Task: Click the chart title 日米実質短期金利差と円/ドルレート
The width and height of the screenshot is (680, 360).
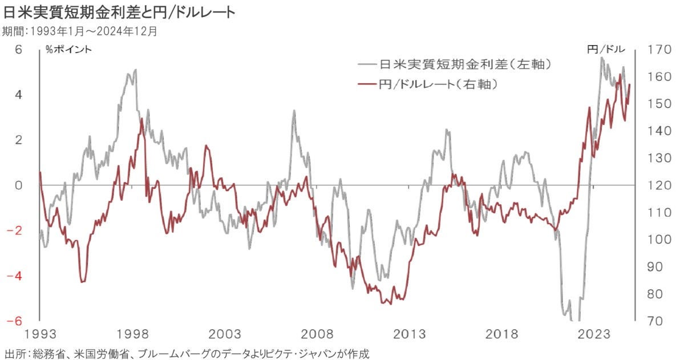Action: coord(119,12)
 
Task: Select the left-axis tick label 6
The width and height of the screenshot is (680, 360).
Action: coord(18,50)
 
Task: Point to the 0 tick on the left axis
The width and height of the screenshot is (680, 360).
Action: coord(18,185)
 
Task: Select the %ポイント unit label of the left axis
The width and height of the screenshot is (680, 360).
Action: coord(68,50)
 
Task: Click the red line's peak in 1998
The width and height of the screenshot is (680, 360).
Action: coord(141,119)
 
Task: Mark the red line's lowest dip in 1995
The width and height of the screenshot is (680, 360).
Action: coord(83,281)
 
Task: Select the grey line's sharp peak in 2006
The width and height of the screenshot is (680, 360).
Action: coord(294,111)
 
